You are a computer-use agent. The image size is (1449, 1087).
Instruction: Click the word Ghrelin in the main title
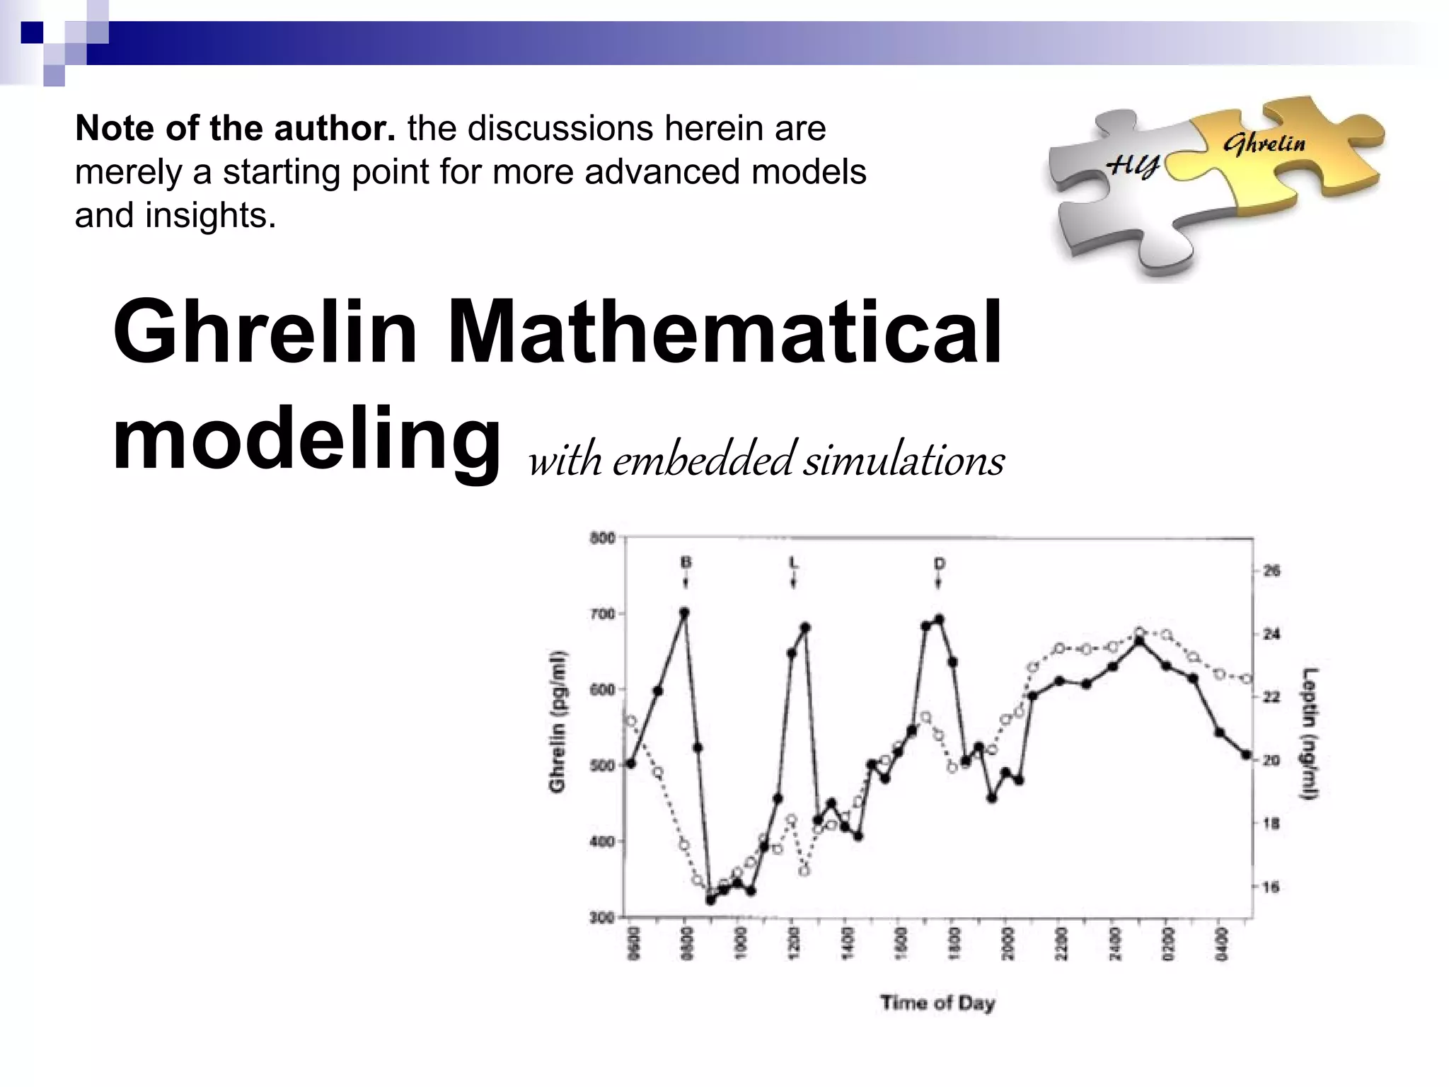point(265,331)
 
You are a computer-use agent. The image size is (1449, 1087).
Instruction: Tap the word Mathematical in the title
point(724,331)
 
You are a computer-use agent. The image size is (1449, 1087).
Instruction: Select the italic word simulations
point(904,461)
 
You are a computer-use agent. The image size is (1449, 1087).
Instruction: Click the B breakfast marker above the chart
point(685,563)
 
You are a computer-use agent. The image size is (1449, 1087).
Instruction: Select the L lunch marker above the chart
point(793,563)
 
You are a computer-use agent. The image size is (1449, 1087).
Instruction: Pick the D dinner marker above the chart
point(939,564)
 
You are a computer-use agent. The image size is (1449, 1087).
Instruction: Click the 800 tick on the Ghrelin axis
point(602,539)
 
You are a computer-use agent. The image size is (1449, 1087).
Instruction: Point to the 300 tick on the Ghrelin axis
point(602,918)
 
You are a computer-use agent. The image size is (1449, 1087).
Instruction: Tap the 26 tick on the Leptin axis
point(1271,570)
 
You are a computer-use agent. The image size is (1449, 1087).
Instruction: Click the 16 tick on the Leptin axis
point(1271,887)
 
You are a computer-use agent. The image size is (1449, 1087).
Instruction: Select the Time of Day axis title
point(937,1003)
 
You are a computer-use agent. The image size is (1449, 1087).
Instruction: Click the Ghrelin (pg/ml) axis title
point(558,720)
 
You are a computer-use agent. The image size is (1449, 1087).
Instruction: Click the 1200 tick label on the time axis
point(793,943)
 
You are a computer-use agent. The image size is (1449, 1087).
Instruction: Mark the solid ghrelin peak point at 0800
point(684,612)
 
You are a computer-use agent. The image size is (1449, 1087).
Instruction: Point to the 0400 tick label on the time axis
point(1219,943)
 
